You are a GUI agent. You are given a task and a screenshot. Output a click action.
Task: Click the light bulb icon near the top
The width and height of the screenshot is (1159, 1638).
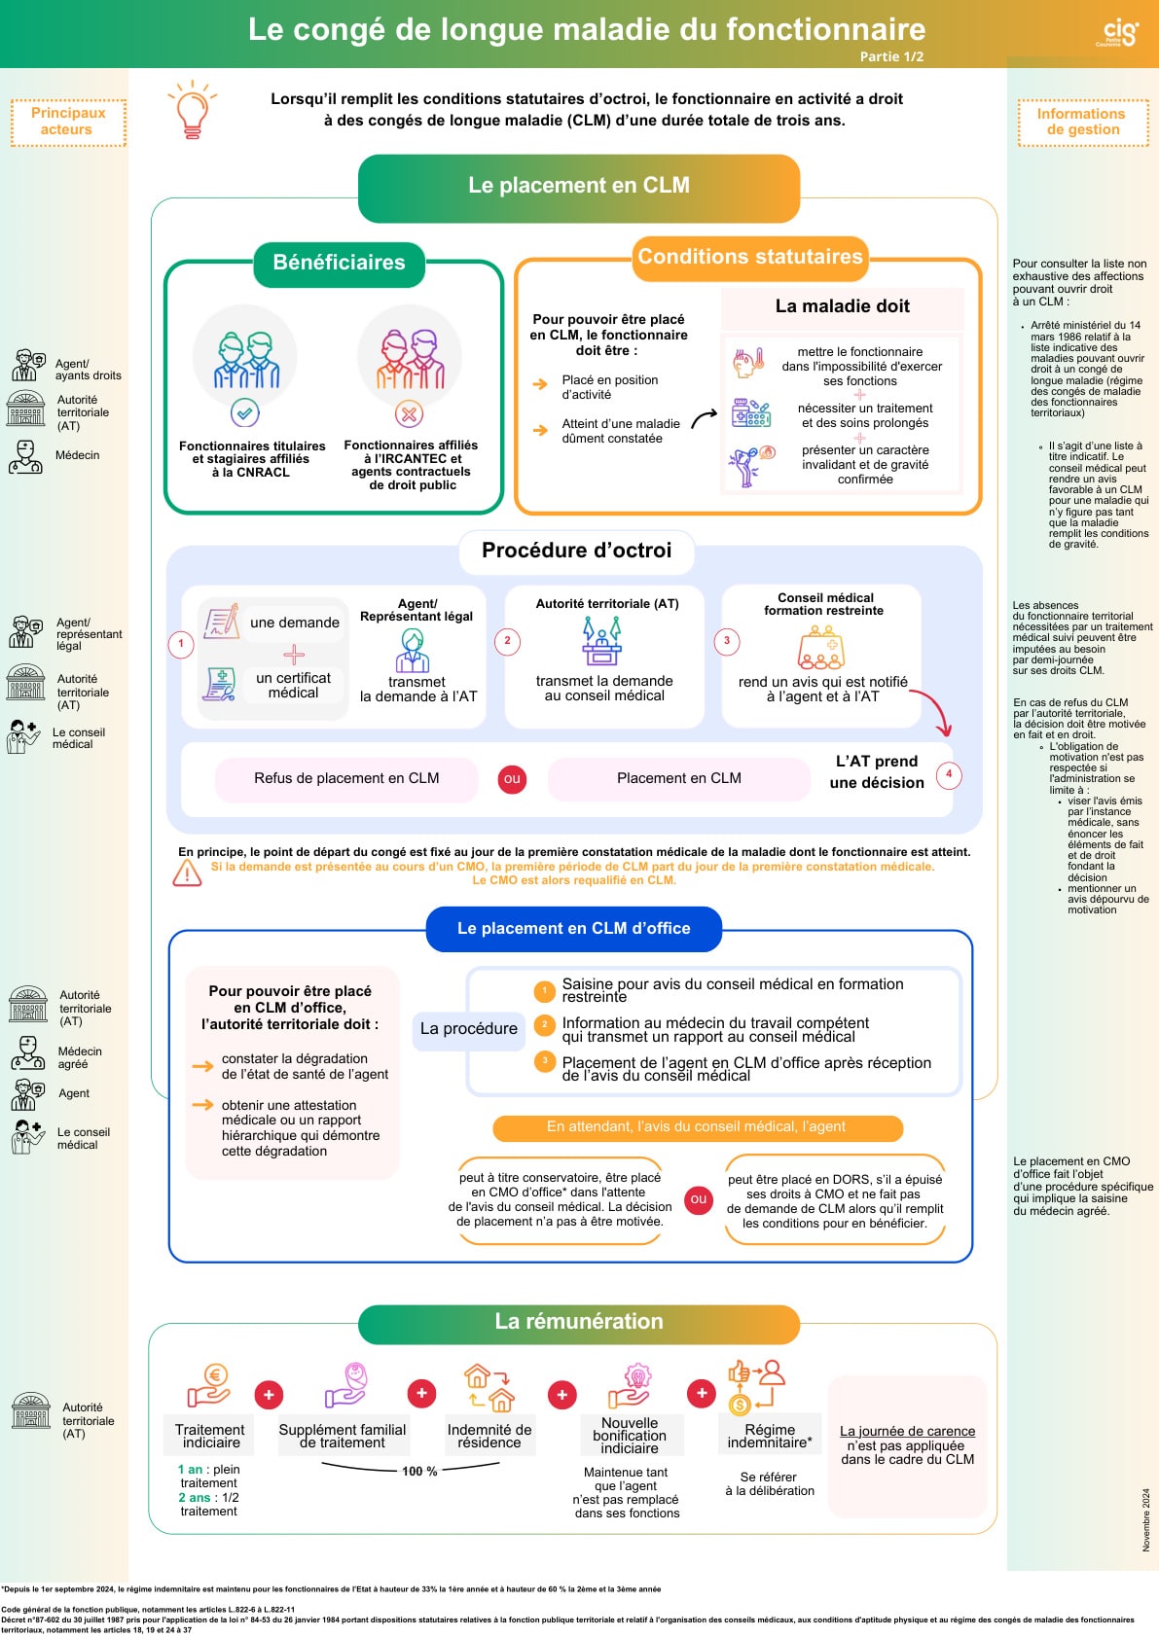192,109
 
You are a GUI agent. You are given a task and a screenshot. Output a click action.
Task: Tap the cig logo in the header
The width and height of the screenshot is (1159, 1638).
1120,33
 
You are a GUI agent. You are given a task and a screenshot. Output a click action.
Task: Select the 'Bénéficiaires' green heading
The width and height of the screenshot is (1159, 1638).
339,264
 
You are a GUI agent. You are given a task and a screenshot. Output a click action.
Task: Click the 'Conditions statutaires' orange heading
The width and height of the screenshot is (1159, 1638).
750,258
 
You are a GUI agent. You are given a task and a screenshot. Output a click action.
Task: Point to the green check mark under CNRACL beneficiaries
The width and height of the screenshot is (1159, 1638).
245,413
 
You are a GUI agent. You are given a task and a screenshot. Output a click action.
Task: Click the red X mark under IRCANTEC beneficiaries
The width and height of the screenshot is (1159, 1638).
409,414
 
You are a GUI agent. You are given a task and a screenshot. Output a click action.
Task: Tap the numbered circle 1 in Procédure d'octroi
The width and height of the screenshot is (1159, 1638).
181,644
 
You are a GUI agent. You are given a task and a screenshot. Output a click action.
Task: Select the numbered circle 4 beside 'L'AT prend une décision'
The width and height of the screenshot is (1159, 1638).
949,774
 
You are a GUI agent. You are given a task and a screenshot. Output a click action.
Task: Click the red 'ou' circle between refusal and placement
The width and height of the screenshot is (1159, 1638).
512,779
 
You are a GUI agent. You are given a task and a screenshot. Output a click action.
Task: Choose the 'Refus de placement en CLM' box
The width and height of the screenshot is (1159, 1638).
346,779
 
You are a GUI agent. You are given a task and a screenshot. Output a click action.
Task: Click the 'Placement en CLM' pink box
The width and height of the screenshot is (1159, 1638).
679,779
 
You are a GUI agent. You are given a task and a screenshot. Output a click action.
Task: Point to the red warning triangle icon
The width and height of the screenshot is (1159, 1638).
187,872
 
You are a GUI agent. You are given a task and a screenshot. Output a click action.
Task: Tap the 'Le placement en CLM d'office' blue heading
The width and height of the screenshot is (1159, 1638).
573,929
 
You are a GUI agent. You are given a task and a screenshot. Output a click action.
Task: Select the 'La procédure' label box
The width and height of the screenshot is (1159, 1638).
469,1030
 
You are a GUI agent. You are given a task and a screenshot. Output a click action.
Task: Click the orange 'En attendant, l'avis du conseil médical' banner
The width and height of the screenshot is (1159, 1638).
698,1127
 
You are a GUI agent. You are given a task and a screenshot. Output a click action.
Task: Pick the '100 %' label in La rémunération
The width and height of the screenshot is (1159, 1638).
420,1472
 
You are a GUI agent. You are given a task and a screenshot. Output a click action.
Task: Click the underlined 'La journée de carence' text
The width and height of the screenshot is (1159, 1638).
907,1432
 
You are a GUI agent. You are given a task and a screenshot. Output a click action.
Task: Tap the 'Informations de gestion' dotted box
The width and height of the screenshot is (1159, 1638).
1083,123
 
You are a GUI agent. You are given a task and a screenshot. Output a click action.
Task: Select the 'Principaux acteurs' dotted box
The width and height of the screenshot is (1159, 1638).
68,123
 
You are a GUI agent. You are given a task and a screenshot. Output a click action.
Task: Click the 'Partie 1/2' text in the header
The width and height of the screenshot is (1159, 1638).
891,56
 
